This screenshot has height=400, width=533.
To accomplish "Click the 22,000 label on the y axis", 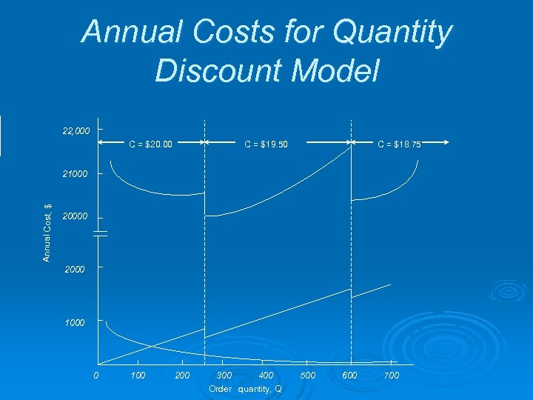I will tap(76, 131).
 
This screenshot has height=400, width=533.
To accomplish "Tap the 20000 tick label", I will tap(76, 217).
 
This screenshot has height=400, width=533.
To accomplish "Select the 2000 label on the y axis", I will tap(75, 270).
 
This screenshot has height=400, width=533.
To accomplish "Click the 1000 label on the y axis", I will tap(75, 324).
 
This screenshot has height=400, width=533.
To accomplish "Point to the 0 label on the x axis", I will tap(96, 376).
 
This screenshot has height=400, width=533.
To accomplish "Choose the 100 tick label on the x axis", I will tap(138, 376).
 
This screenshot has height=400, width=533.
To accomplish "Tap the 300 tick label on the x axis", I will tap(224, 376).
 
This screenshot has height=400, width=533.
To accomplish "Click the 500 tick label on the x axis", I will tap(308, 376).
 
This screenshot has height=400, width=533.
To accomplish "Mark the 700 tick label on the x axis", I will tap(392, 376).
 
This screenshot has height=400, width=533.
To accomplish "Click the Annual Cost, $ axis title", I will tap(47, 233).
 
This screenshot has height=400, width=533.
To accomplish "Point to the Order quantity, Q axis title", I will tap(245, 389).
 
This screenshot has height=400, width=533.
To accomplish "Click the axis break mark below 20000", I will tap(101, 233).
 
